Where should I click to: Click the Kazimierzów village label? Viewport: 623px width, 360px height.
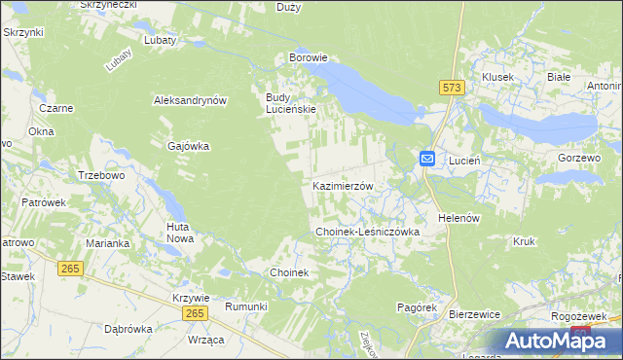[x=343, y=185]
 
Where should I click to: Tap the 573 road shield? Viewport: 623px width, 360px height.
[x=451, y=88]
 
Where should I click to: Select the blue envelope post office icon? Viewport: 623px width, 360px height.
[x=428, y=159]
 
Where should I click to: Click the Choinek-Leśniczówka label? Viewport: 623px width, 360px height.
[x=367, y=233]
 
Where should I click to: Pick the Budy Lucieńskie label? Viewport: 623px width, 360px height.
[x=291, y=103]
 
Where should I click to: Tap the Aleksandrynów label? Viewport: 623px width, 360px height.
[x=190, y=100]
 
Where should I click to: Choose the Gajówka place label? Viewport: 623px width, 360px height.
[x=189, y=146]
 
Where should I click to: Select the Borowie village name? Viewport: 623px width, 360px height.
[x=308, y=58]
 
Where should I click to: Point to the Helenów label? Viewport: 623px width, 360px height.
[x=459, y=218]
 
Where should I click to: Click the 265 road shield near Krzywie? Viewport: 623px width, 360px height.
[x=195, y=312]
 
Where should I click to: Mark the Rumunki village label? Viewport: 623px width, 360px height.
[x=245, y=306]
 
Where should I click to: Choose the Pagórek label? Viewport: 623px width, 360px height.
[x=416, y=306]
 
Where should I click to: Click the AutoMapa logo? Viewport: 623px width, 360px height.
[x=558, y=341]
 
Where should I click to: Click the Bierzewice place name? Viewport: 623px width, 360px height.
[x=474, y=315]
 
